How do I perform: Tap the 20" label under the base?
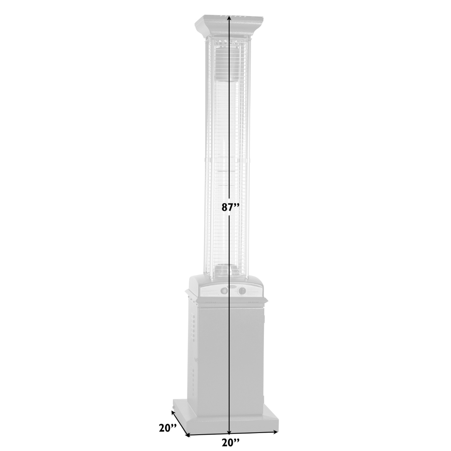tap(231, 442)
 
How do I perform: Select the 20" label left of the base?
tap(168, 428)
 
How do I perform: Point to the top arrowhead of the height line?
tap(229, 18)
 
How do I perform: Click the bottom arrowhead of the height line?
tap(229, 433)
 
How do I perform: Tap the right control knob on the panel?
tap(241, 291)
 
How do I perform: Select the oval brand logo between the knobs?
tap(233, 286)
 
